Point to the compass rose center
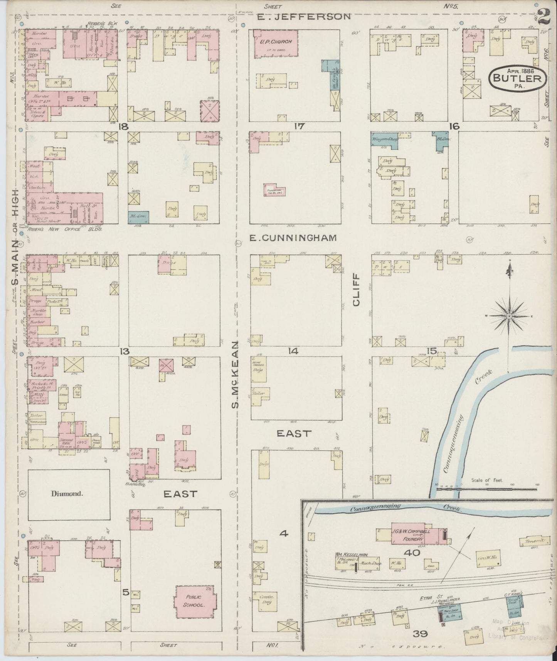pyautogui.click(x=509, y=316)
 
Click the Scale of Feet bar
pyautogui.click(x=486, y=489)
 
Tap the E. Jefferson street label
pyautogui.click(x=305, y=17)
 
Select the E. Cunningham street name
pyautogui.click(x=293, y=238)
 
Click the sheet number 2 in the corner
pyautogui.click(x=544, y=17)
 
